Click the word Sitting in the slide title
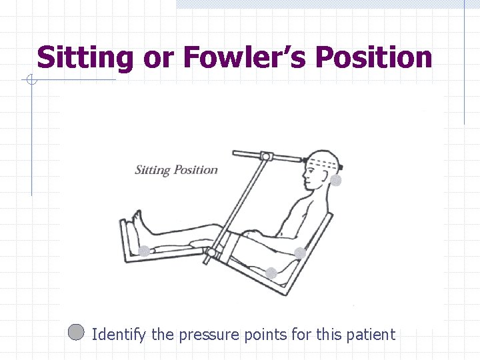pos(85,58)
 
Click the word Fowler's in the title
pos(243,58)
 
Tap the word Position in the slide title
pos(374,58)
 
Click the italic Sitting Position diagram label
pos(176,169)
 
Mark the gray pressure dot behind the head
pos(336,180)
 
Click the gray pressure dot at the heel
pos(144,251)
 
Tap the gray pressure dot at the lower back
pos(300,253)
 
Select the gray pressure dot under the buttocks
pos(271,273)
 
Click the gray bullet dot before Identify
pos(76,332)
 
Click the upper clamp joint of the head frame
pos(266,157)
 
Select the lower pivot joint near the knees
pos(212,253)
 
